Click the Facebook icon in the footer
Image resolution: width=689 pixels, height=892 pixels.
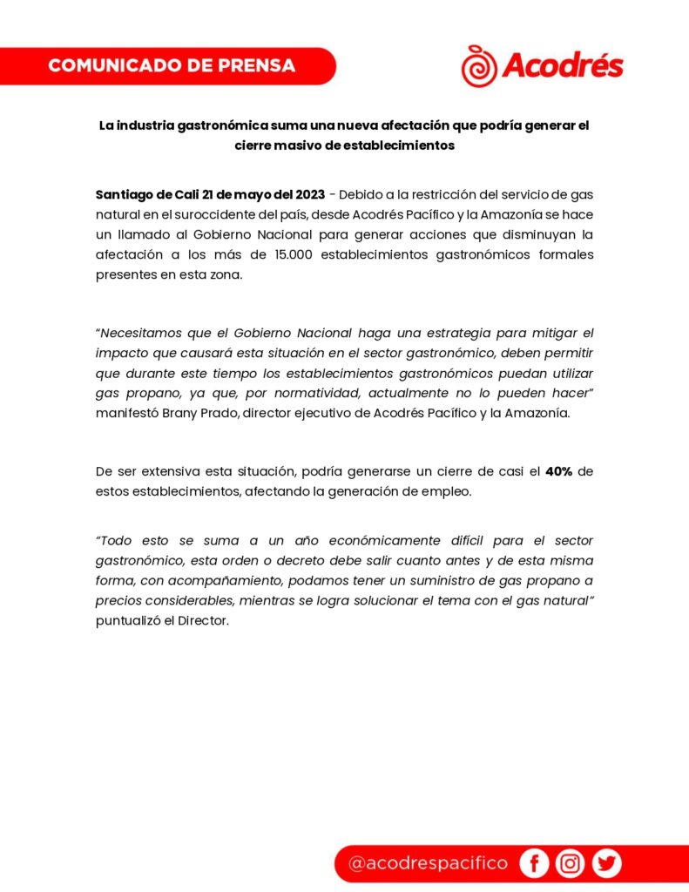(x=534, y=863)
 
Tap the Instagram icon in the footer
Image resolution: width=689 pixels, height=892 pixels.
(x=571, y=863)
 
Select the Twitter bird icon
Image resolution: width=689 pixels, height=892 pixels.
(x=607, y=863)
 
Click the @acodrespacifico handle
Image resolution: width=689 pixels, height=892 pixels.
(x=427, y=863)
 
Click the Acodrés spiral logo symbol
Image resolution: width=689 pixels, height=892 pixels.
(x=480, y=66)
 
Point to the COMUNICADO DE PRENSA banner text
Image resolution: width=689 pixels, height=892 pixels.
(x=172, y=65)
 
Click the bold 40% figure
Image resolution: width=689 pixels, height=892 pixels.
(x=558, y=472)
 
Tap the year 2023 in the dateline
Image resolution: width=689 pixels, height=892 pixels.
(x=306, y=193)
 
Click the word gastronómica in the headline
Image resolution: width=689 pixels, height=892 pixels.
(x=217, y=125)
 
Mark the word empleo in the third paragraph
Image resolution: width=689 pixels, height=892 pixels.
(x=448, y=492)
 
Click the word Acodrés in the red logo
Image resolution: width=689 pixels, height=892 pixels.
(x=563, y=65)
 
